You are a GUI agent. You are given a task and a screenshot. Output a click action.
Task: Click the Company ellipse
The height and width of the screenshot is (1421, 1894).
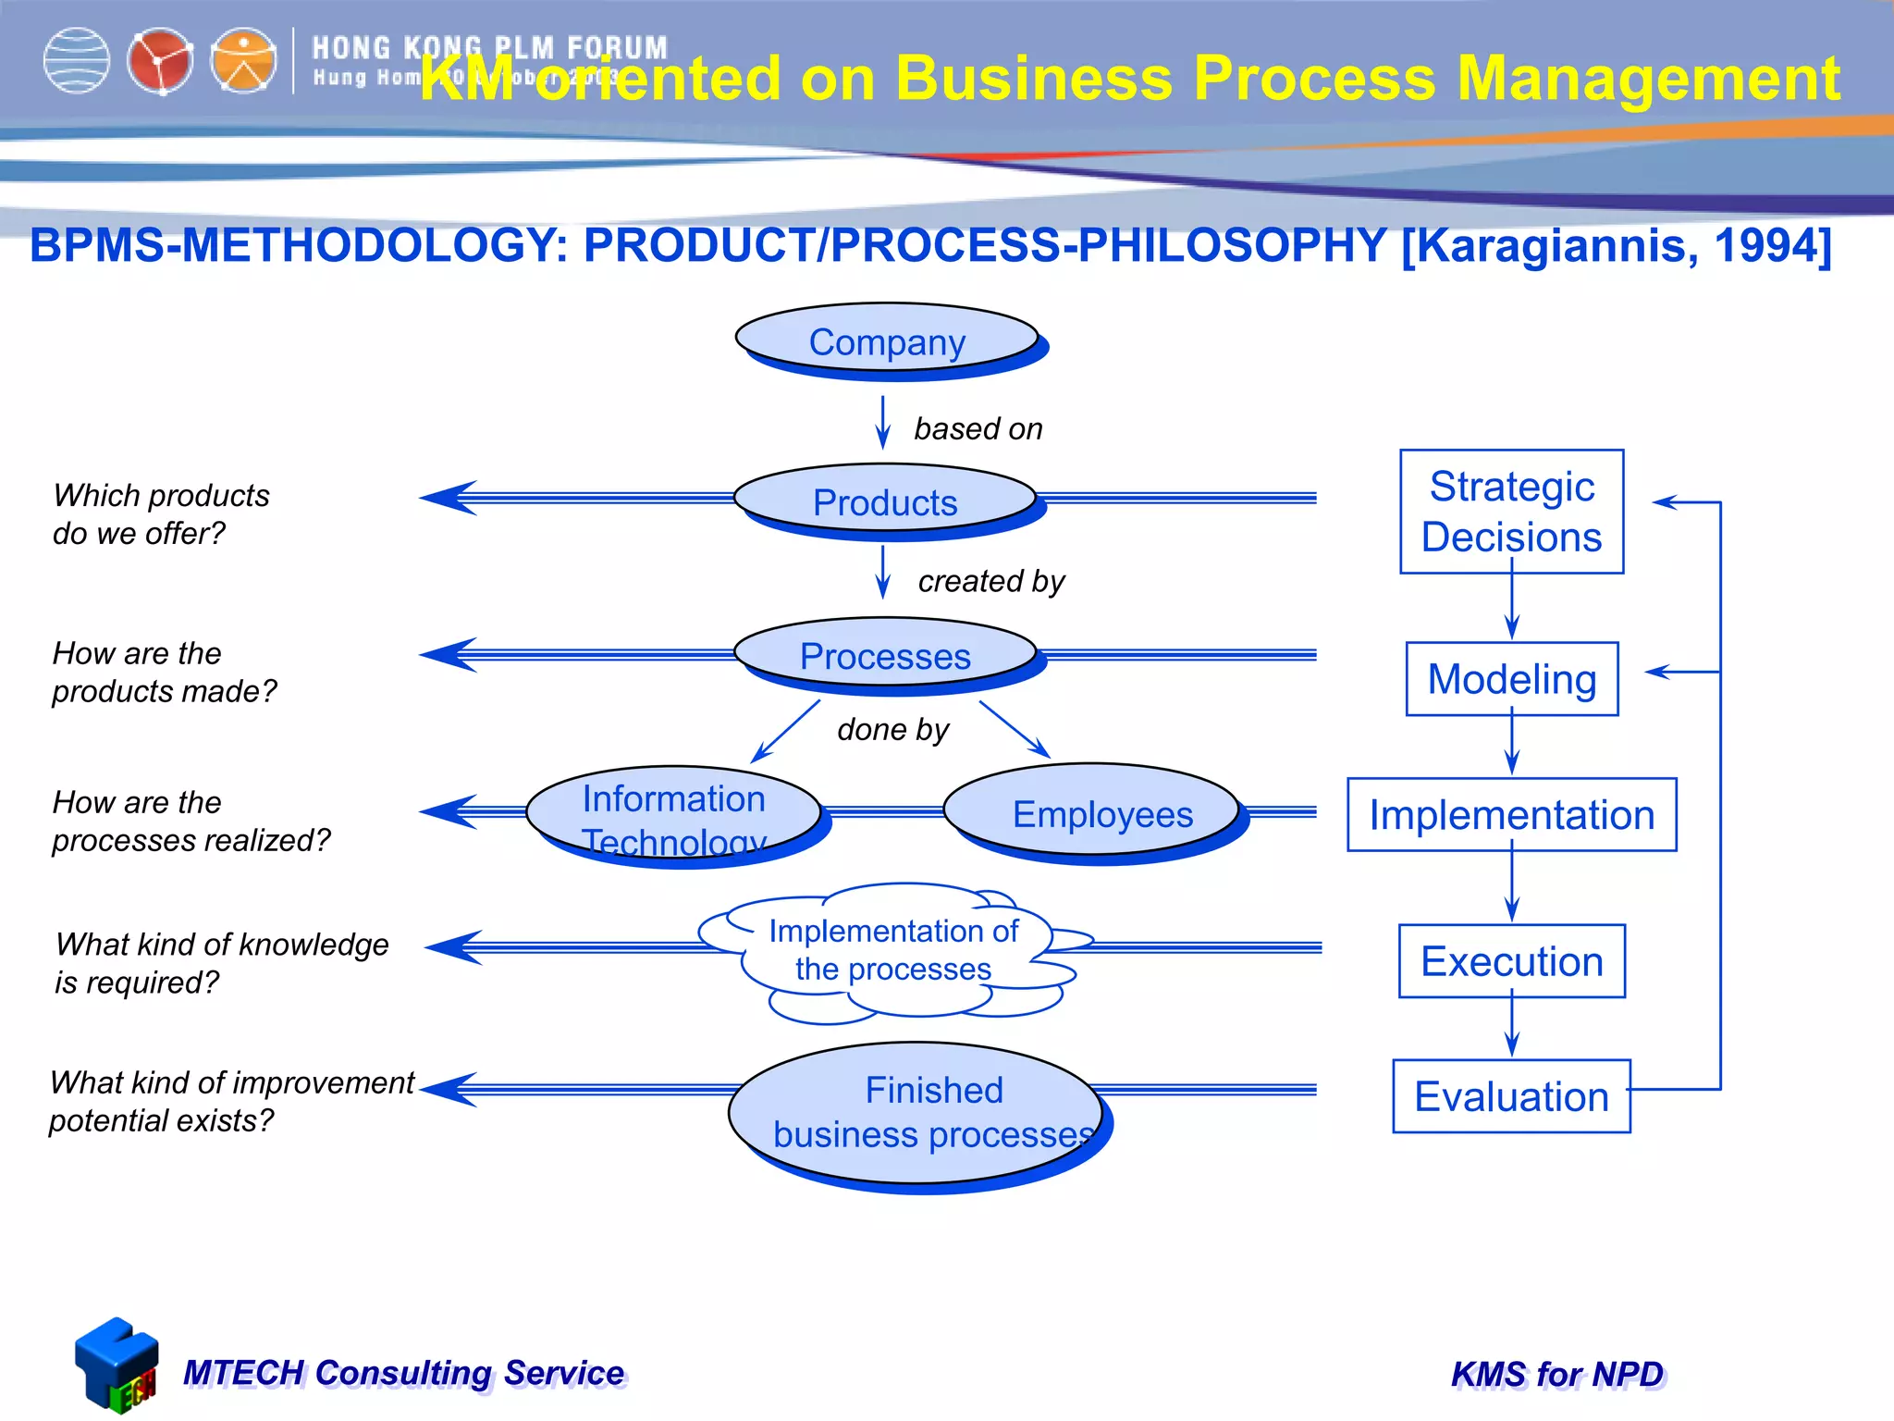[887, 340]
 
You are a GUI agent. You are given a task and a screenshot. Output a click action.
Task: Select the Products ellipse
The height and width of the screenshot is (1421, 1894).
[885, 501]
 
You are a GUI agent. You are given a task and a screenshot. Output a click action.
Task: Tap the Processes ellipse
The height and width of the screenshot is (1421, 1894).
[885, 655]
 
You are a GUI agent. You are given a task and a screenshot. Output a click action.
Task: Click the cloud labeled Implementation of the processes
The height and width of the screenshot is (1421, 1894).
[892, 951]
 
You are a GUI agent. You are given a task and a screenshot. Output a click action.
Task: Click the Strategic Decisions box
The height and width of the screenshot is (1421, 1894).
[1511, 512]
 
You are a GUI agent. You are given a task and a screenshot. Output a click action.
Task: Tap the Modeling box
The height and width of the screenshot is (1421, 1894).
[1511, 679]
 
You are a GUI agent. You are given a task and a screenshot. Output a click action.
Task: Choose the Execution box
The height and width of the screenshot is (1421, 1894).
[1511, 961]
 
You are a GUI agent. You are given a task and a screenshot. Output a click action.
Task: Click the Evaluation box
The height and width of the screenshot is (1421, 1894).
[1511, 1096]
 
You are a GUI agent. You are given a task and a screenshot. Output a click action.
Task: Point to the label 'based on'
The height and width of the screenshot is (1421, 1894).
[978, 429]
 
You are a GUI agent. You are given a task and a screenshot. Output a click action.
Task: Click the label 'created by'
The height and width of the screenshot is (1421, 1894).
[990, 581]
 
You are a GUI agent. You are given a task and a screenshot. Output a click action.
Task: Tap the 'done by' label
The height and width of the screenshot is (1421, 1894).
[892, 730]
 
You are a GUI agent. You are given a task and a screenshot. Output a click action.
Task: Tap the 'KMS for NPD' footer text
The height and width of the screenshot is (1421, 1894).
[1557, 1375]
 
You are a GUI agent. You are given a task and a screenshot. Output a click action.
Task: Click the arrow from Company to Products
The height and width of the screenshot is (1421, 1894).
[883, 423]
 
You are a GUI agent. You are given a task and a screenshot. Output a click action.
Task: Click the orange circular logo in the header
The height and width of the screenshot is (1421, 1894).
[243, 61]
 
